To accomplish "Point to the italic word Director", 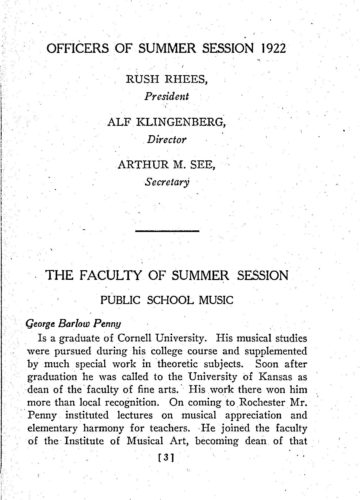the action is click(x=182, y=148).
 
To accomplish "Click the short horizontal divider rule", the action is click(x=182, y=232).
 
